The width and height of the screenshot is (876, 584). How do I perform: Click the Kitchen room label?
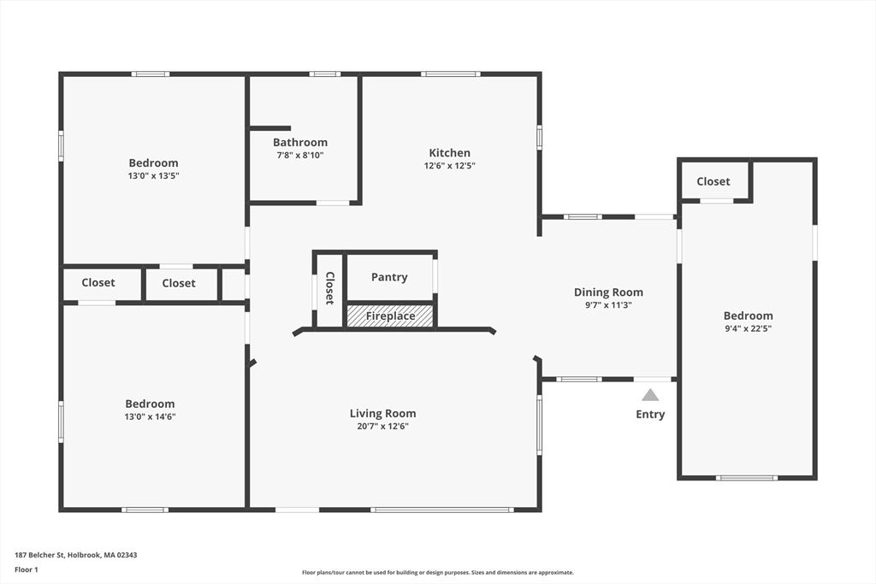pos(449,153)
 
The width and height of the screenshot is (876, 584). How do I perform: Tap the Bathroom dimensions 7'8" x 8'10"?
pos(299,156)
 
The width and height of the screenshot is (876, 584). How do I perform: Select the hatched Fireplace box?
pos(390,316)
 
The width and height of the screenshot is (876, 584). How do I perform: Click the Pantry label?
pos(389,277)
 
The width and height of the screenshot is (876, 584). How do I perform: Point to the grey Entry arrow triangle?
pos(650,395)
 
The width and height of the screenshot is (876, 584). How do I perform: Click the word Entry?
pos(650,415)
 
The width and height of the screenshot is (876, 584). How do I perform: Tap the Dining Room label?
pos(608,292)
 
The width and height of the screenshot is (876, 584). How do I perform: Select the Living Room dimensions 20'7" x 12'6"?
pos(382,426)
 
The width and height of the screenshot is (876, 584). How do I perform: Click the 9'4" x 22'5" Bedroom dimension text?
pos(748,328)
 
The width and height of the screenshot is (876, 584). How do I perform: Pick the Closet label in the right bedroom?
pos(713,181)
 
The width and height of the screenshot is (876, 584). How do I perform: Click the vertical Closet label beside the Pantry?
pos(328,288)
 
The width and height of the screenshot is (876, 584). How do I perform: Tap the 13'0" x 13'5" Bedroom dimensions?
pos(154,175)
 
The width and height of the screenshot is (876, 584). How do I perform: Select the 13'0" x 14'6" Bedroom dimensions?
pos(150,416)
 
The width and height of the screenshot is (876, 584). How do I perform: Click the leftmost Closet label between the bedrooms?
pos(98,283)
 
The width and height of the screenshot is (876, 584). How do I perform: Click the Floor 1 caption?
pos(27,569)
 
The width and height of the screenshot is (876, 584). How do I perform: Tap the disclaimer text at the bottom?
pos(437,573)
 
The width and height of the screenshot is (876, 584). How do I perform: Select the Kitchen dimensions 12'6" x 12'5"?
pos(449,166)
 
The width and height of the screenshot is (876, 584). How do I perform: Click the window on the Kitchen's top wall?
pos(451,74)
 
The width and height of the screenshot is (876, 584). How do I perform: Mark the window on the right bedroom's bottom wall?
pos(746,478)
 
